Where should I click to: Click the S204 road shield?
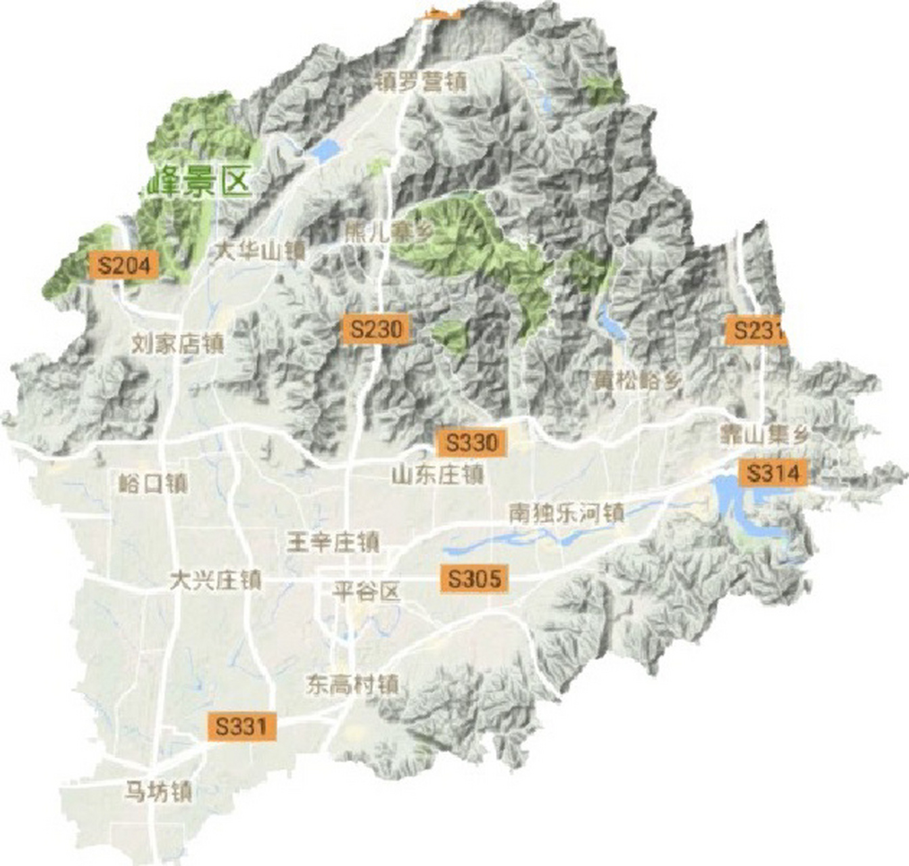123,265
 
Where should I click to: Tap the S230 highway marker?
376,329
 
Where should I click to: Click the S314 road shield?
773,473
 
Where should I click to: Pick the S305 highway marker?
475,579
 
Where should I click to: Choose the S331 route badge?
242,726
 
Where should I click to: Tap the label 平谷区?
367,593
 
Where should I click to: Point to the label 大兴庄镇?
215,580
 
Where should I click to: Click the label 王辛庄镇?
333,542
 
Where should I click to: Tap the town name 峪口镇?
153,483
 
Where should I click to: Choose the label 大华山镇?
260,252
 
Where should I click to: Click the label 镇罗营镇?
421,83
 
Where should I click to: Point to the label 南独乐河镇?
566,513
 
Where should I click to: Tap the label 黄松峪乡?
636,380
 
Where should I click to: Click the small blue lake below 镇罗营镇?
325,151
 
